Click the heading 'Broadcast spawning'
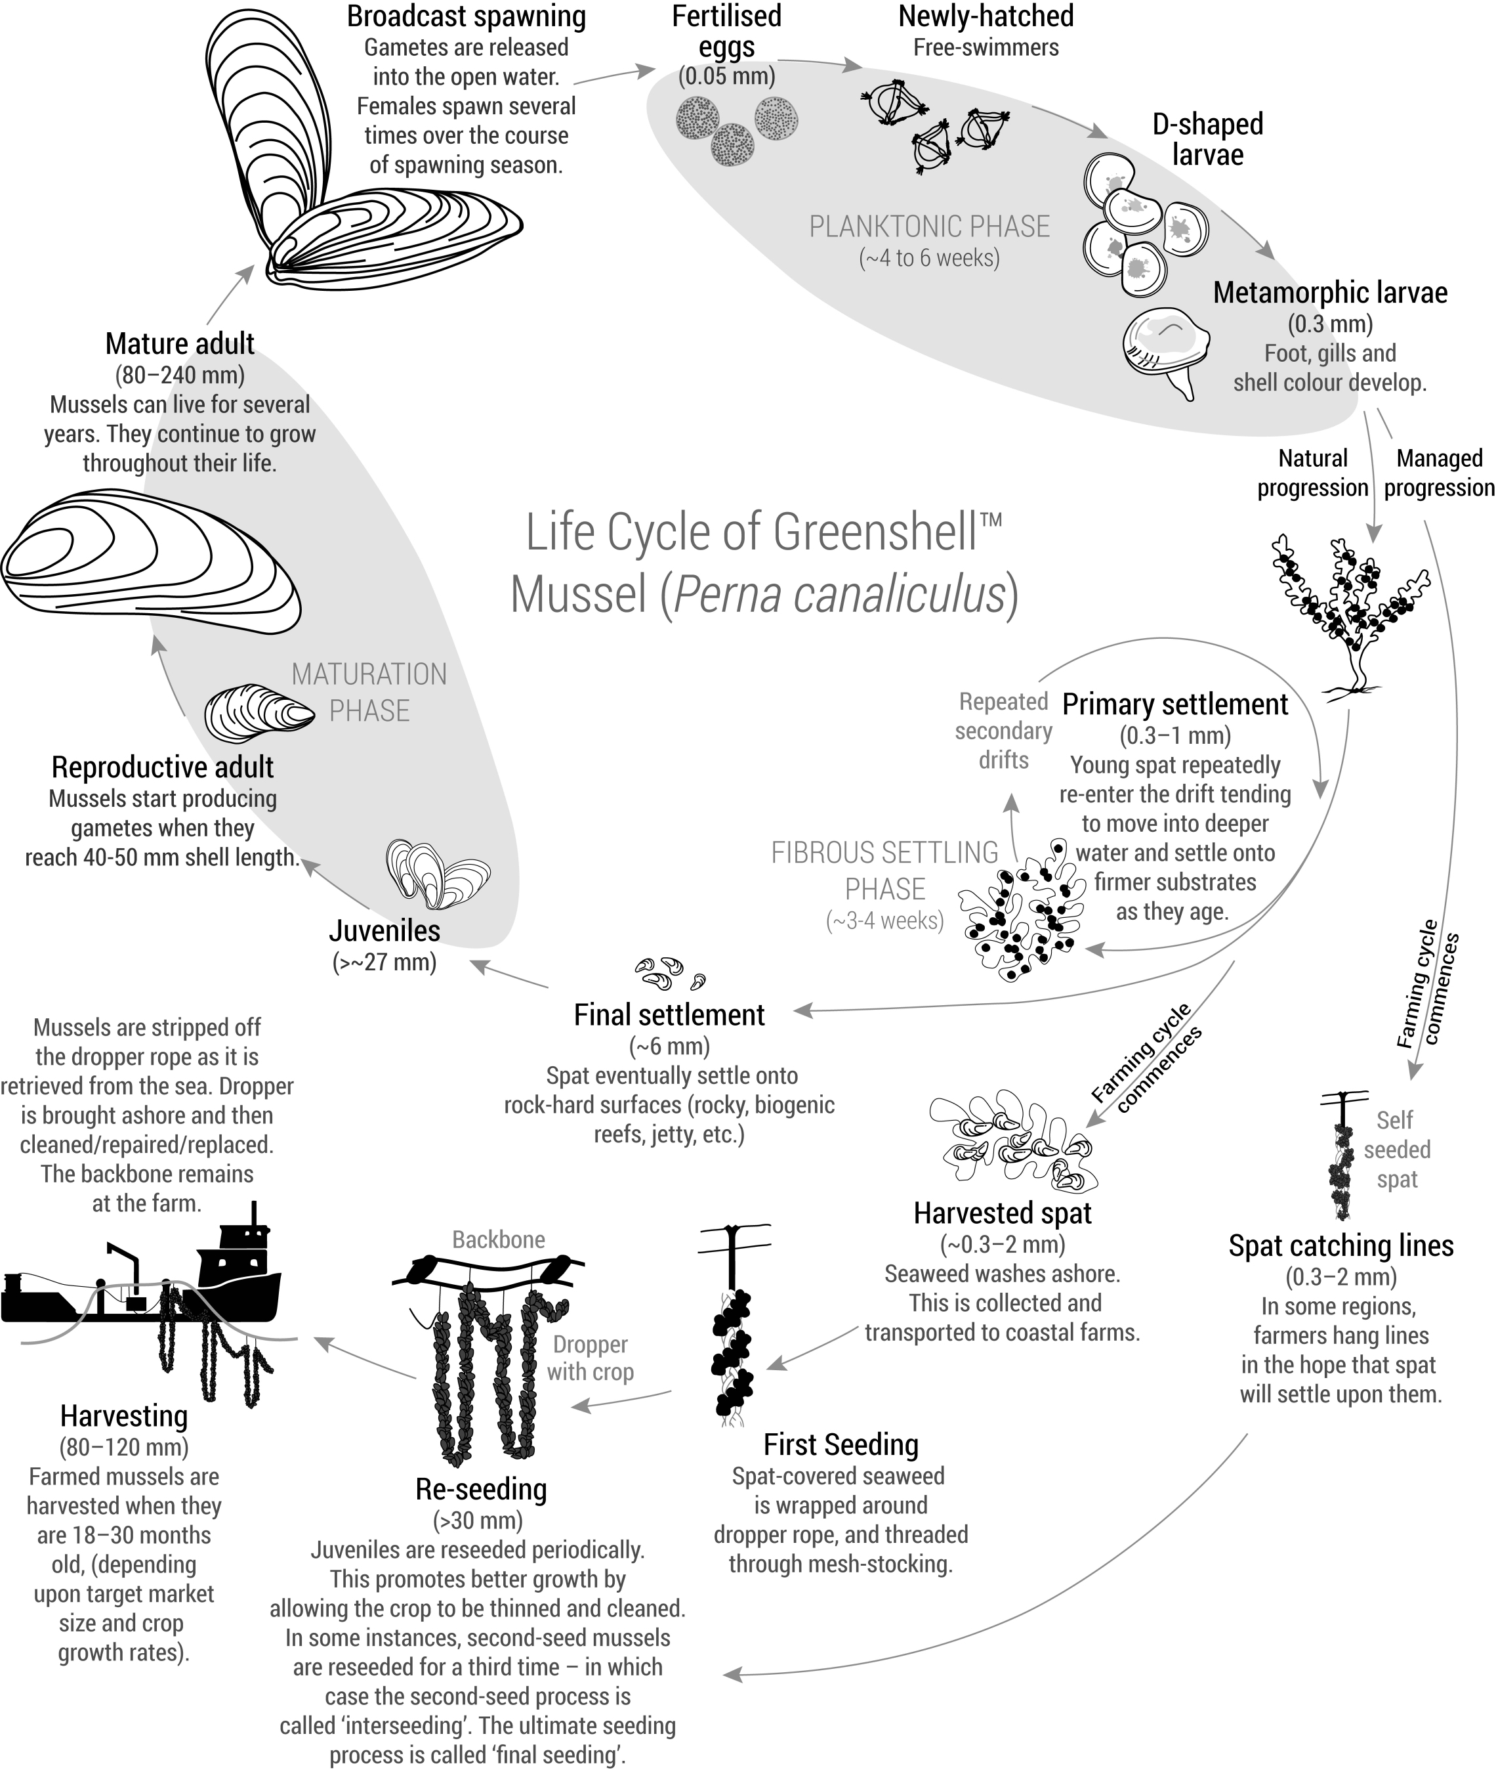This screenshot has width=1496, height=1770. (466, 16)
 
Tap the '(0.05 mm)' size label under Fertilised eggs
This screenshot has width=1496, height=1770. (727, 76)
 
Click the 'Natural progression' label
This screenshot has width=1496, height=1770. (1312, 473)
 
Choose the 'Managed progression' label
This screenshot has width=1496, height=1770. (1439, 473)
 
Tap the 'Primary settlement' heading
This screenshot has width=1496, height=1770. (1174, 704)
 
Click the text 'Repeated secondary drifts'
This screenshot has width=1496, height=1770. (1003, 731)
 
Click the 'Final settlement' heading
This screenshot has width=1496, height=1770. (669, 1015)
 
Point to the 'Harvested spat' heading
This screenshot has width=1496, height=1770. (1003, 1213)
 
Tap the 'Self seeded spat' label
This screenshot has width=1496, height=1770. (1396, 1150)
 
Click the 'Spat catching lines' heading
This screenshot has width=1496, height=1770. (1340, 1245)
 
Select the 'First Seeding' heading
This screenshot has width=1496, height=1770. (841, 1444)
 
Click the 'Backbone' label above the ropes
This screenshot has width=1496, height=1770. (498, 1240)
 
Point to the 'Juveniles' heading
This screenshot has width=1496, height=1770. (384, 931)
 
